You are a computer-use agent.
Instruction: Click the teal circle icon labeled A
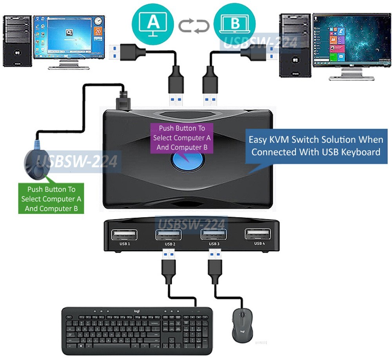(x=153, y=22)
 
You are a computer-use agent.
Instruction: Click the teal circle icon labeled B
(x=234, y=23)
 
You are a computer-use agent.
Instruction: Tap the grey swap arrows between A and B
(x=194, y=26)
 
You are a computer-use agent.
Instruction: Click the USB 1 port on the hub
(x=124, y=235)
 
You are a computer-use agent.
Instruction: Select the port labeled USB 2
(x=169, y=235)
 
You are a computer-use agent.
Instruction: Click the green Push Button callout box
(x=51, y=199)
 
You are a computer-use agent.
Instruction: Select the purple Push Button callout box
(x=181, y=138)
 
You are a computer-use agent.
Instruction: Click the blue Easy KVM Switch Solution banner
(x=316, y=146)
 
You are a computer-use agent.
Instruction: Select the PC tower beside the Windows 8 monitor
(x=295, y=45)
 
